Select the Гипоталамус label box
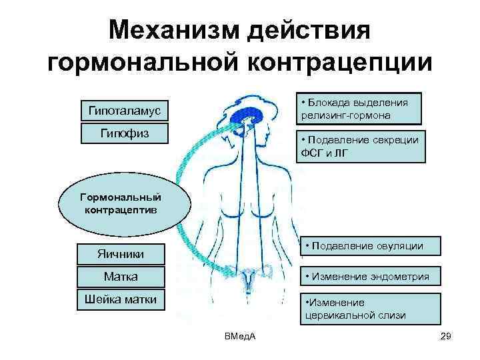click(x=124, y=109)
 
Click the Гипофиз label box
click(x=124, y=133)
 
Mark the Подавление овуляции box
click(x=369, y=246)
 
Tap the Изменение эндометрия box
click(x=369, y=276)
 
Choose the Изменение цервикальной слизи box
click(x=369, y=309)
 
